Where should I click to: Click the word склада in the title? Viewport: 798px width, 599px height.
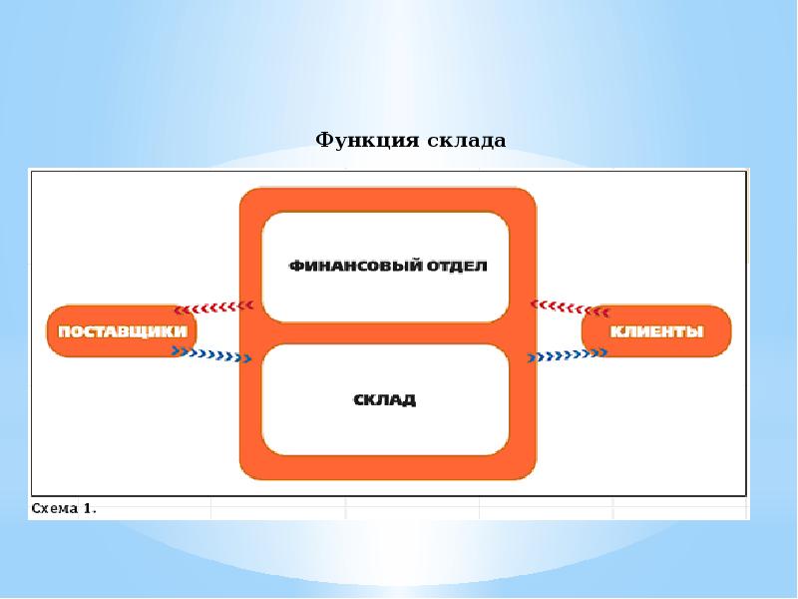[x=467, y=140]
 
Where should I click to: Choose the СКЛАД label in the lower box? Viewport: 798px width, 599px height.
[x=385, y=400]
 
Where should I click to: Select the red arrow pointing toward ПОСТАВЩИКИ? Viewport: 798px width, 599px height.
[x=214, y=307]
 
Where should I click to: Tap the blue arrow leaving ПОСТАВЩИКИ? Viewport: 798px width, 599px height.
[x=210, y=353]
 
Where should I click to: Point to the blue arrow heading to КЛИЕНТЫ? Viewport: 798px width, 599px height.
[x=568, y=354]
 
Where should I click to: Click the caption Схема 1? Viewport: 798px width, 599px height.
[x=64, y=509]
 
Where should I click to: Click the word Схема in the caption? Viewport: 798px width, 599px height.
[x=55, y=509]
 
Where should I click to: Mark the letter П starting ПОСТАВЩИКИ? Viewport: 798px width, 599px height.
[x=62, y=332]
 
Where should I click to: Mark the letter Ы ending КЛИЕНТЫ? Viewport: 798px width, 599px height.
[x=696, y=332]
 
